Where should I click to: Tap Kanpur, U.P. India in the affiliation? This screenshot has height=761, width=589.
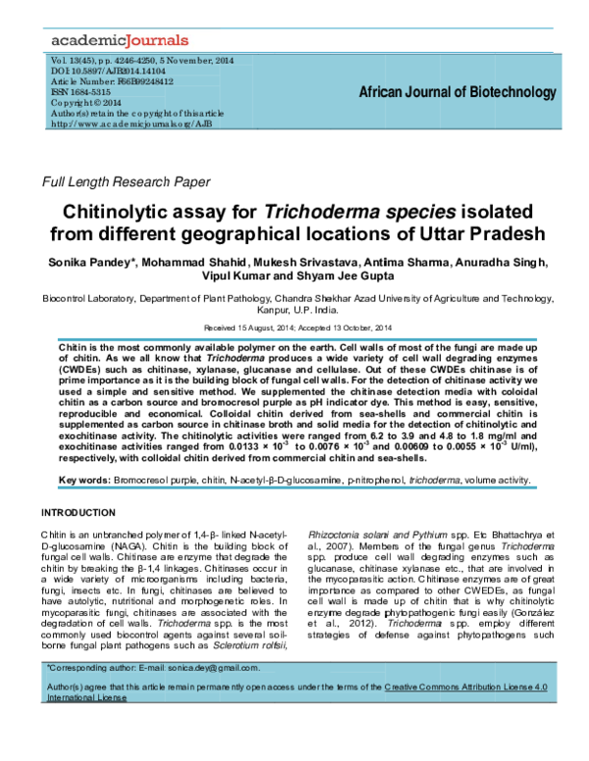pos(294,308)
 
